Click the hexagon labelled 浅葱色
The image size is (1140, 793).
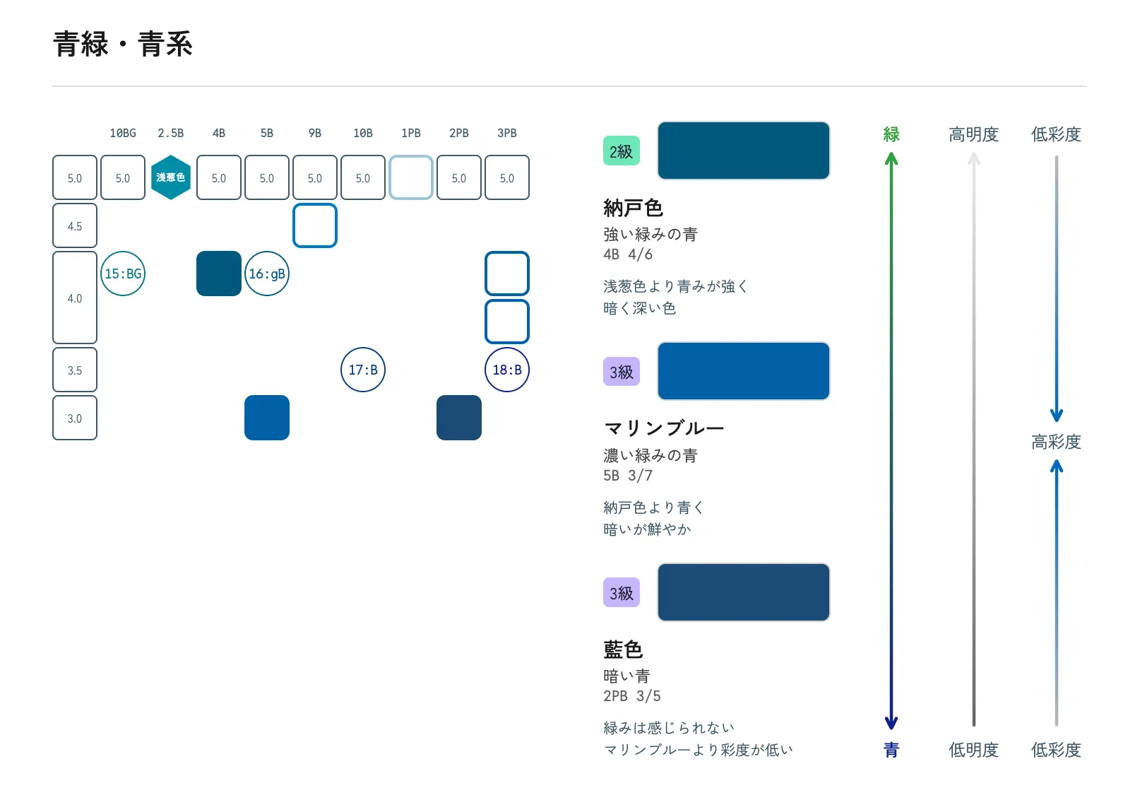tap(170, 177)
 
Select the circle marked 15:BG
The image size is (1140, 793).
tap(123, 274)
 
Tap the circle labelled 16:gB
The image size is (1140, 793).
tap(267, 274)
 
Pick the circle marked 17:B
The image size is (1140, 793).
tap(363, 370)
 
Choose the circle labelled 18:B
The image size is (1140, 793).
tap(507, 370)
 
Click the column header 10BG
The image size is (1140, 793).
tap(123, 134)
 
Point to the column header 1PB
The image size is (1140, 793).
tap(410, 134)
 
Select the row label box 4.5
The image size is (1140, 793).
tap(75, 225)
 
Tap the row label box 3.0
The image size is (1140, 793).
tap(75, 418)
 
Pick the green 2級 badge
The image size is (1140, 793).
tap(622, 151)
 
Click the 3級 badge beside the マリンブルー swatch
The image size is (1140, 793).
tap(622, 371)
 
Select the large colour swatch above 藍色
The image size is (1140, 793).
tap(744, 592)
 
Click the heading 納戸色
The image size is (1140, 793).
tap(633, 208)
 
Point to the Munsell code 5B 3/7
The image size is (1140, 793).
tap(627, 475)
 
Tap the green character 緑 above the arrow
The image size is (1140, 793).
tap(891, 134)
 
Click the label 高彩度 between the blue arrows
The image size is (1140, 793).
tap(1056, 442)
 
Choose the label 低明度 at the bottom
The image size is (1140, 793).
tap(973, 750)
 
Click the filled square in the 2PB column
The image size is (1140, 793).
tap(459, 418)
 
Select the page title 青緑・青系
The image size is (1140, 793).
tap(123, 44)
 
